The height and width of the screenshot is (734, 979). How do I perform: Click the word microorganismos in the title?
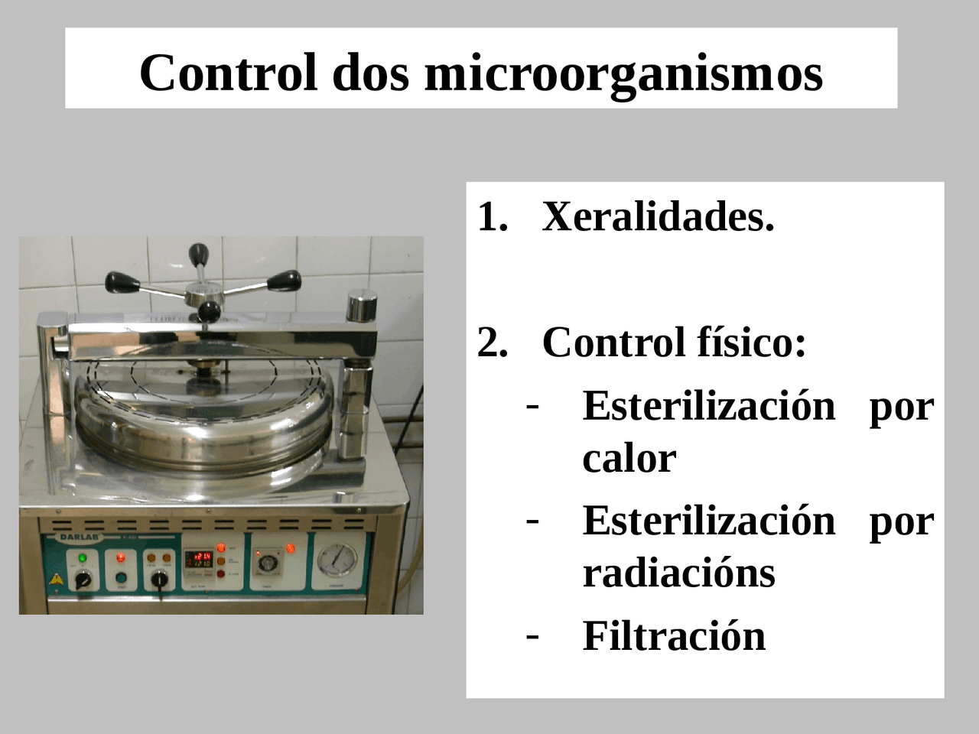coord(623,73)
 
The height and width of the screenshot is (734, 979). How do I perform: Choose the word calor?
coord(629,458)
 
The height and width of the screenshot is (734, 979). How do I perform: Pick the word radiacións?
coord(678,573)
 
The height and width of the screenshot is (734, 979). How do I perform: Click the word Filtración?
coord(674,635)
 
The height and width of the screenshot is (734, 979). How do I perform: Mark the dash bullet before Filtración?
coord(533,634)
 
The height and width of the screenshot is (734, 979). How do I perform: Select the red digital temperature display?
coord(201,559)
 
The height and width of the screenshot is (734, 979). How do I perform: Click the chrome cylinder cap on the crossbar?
coord(362,306)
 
